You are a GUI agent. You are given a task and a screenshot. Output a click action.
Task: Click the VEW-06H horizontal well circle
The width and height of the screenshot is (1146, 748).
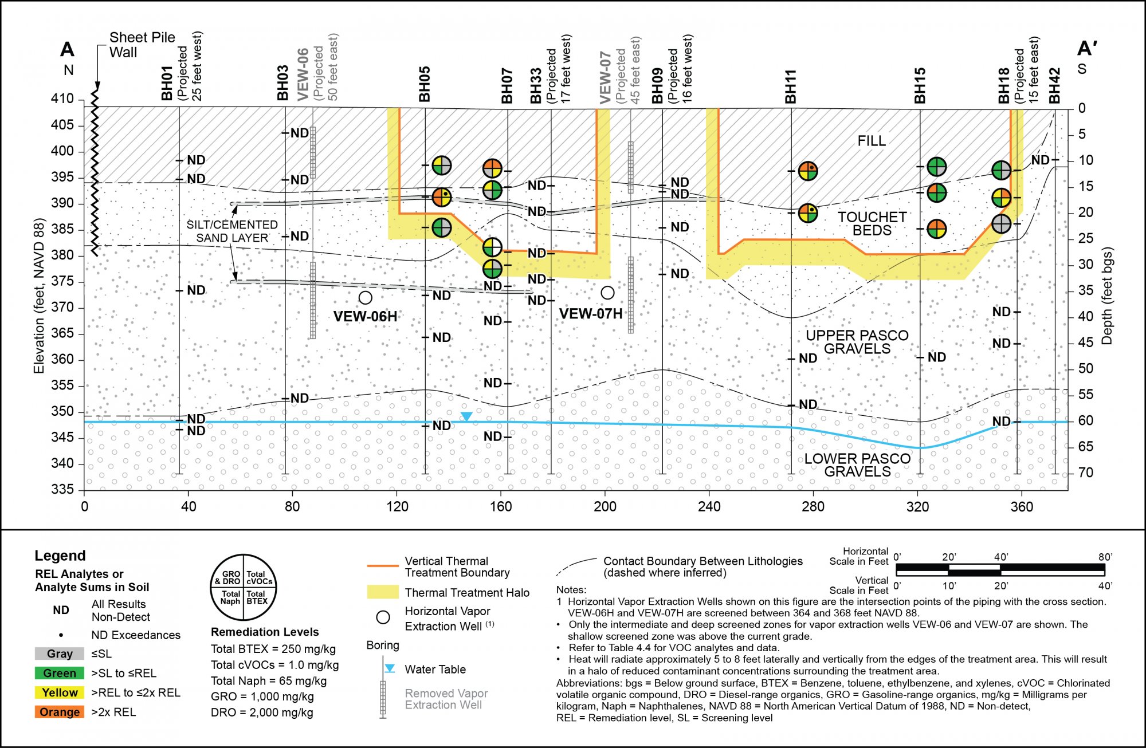click(365, 297)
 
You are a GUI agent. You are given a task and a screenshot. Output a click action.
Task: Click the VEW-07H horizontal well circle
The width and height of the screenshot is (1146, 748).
click(607, 293)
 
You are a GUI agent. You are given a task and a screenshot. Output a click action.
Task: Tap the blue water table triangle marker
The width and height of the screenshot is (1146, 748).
click(466, 416)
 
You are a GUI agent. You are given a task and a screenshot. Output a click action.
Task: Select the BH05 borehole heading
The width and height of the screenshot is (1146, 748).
click(424, 84)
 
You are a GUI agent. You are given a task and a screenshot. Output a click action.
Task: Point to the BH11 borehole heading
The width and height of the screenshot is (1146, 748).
click(791, 86)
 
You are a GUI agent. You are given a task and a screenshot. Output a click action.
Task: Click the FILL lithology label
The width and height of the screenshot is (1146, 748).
click(871, 141)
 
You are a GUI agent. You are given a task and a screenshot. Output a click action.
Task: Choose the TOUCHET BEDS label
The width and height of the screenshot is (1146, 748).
click(872, 224)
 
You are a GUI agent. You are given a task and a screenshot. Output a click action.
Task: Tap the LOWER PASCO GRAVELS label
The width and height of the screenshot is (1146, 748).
click(857, 465)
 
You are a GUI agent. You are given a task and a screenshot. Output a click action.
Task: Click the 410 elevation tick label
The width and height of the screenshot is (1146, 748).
click(62, 99)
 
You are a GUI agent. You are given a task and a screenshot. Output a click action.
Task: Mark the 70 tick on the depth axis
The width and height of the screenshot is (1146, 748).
click(1085, 473)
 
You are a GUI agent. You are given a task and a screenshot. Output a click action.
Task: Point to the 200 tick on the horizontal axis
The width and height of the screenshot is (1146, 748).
click(605, 507)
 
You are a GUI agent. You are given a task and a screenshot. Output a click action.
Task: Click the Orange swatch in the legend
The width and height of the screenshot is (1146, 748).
click(60, 712)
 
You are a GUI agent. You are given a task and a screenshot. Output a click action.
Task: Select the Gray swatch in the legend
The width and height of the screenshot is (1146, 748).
click(60, 653)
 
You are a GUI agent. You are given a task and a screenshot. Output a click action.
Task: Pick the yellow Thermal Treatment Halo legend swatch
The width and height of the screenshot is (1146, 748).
click(383, 592)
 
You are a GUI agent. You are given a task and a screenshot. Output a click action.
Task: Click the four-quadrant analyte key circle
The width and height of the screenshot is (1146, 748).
click(244, 587)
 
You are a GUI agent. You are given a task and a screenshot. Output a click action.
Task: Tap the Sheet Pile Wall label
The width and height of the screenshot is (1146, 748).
click(142, 45)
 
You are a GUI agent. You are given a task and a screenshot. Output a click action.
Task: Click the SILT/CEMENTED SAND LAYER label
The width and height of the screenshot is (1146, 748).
click(232, 231)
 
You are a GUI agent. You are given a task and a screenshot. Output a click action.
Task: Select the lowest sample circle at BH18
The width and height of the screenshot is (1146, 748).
click(1001, 224)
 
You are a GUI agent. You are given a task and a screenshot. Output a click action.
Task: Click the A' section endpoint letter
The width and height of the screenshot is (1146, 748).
click(1087, 49)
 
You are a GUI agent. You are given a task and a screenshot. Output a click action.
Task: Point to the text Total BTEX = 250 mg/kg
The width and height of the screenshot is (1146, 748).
click(273, 649)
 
